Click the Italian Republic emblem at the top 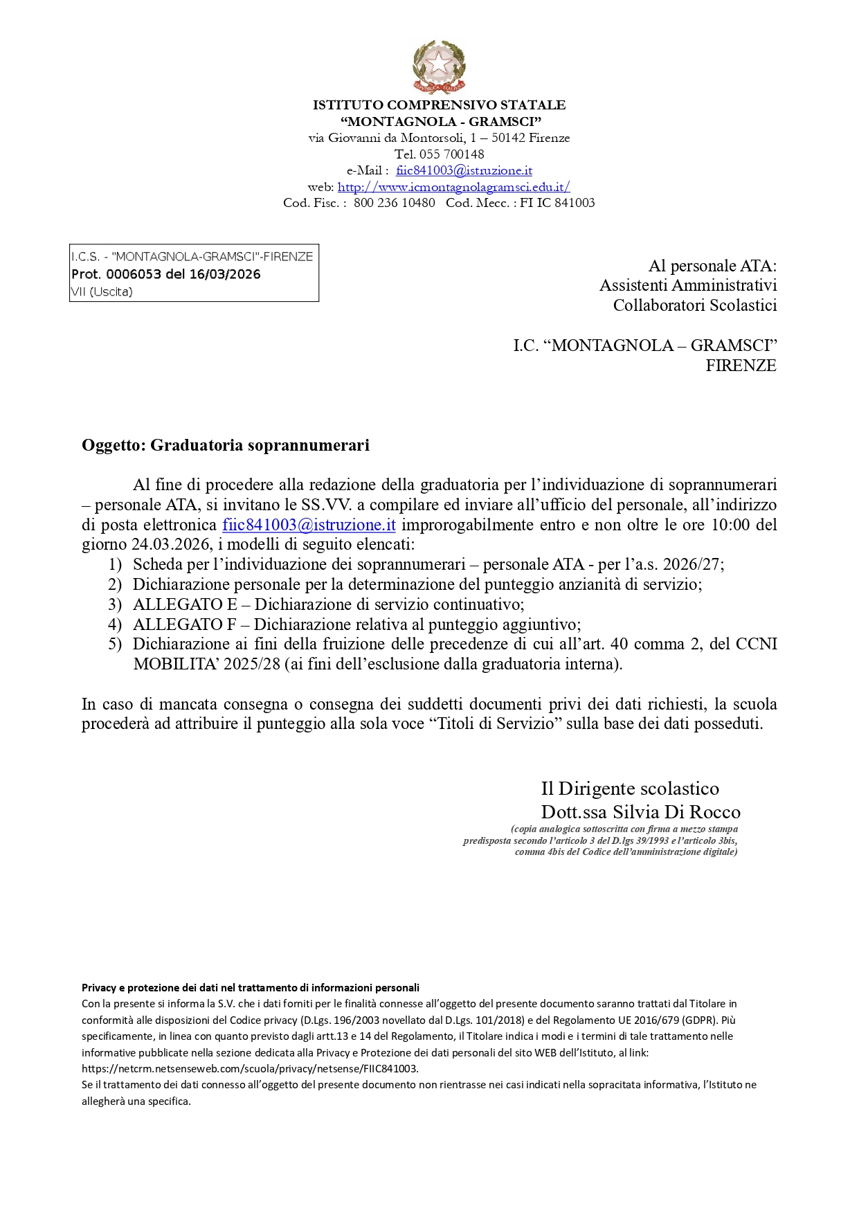[439, 66]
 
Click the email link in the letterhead [464, 170]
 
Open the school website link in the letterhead [453, 187]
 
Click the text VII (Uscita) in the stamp [102, 291]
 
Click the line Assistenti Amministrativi [688, 285]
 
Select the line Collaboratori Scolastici [695, 305]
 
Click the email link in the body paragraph [309, 525]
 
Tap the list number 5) [115, 644]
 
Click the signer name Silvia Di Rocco [676, 812]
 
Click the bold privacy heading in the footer [251, 988]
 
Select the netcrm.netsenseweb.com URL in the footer [250, 1068]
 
